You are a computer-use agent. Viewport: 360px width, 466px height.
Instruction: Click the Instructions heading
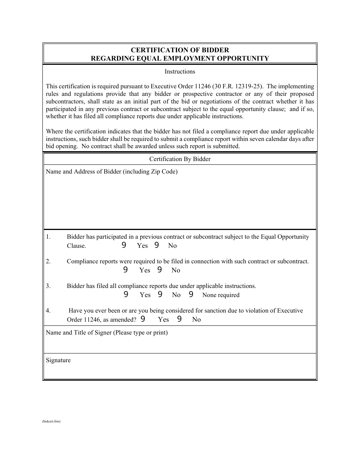(x=180, y=72)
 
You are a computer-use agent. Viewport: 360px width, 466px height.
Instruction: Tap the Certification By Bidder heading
(x=180, y=159)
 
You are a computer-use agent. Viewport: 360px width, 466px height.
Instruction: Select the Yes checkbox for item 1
(x=124, y=245)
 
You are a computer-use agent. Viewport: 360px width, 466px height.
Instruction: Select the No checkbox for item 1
(x=157, y=245)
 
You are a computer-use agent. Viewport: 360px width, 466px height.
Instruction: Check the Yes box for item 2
(x=125, y=270)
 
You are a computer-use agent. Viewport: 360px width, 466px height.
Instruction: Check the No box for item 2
(x=160, y=270)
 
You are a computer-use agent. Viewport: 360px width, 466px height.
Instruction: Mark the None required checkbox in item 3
(x=191, y=294)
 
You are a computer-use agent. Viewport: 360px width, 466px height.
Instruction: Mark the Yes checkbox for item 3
(x=126, y=294)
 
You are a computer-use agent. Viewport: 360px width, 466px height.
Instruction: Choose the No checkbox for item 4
(x=179, y=319)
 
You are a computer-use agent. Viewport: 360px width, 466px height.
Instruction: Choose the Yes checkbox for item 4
(x=143, y=319)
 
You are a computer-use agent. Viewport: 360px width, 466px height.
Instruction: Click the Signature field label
(x=58, y=360)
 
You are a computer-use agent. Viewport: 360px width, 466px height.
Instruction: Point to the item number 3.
(x=48, y=286)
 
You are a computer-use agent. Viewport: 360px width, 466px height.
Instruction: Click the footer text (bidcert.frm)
(x=52, y=421)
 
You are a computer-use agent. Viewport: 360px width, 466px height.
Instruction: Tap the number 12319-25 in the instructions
(x=248, y=86)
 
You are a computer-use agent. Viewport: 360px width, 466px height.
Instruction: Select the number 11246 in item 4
(x=92, y=319)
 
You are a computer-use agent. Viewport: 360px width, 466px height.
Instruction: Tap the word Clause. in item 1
(x=77, y=246)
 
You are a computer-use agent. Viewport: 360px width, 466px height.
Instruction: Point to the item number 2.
(x=48, y=261)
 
